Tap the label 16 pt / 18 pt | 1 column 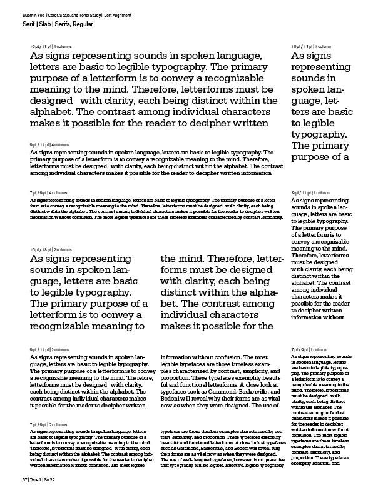click(x=310, y=47)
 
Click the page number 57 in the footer click(x=24, y=478)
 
